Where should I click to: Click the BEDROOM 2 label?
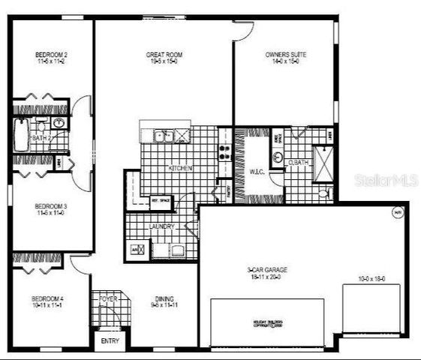point(52,55)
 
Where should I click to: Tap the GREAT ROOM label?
point(164,55)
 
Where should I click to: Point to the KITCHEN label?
point(180,169)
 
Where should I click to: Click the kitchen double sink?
point(164,136)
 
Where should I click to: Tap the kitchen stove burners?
point(223,152)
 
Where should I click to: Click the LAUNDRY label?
point(161,226)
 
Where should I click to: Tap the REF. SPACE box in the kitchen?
point(161,200)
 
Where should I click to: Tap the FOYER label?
point(109,298)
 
